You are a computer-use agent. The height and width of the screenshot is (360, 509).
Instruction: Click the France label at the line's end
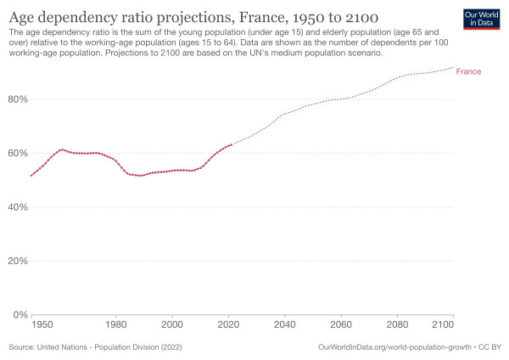click(x=468, y=72)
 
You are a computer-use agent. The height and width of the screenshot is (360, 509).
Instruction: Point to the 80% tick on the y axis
click(x=18, y=99)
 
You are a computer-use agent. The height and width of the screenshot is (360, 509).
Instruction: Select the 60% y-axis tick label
click(x=18, y=153)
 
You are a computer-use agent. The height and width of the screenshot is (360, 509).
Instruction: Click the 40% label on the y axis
click(x=18, y=207)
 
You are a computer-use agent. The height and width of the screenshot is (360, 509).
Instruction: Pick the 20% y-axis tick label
click(x=18, y=261)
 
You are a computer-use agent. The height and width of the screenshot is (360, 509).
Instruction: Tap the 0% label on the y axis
click(x=20, y=315)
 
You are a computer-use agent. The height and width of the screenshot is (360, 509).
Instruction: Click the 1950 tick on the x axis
click(x=42, y=325)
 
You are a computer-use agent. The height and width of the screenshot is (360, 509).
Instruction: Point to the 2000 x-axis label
click(x=172, y=325)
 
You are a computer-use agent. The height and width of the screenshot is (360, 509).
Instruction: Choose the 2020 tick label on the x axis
click(x=228, y=325)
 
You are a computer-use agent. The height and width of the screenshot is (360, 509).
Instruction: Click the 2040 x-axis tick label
click(x=285, y=325)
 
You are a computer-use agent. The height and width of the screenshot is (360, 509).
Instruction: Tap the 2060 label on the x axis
click(x=341, y=325)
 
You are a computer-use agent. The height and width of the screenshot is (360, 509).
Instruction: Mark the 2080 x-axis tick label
click(x=397, y=325)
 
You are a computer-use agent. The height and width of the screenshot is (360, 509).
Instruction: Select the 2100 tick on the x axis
click(x=443, y=325)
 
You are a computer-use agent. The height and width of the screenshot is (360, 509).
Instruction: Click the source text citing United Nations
click(x=95, y=347)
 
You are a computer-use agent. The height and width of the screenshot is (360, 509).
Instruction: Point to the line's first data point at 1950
click(x=31, y=176)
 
